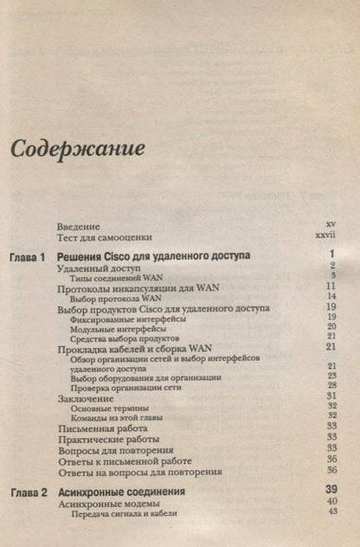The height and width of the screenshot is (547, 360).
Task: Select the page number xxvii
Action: pos(325,235)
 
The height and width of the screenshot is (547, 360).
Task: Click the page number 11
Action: pos(331,286)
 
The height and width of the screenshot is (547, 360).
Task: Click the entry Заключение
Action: pos(86,399)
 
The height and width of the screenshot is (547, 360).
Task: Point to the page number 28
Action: pos(331,386)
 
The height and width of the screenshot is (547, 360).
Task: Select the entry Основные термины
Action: pos(109,409)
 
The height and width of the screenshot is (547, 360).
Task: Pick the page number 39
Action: pos(330,491)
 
